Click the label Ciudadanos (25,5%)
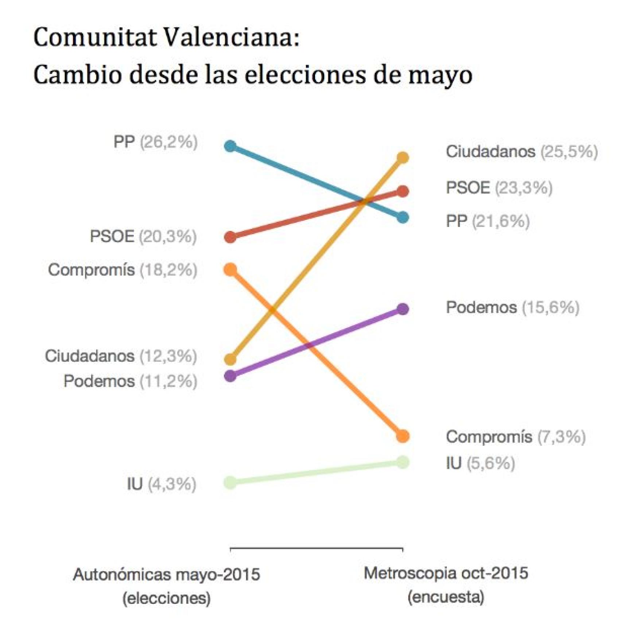521,151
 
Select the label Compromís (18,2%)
123,270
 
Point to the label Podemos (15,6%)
512,307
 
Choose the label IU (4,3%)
162,484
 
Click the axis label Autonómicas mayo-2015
167,575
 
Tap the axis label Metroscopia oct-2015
446,573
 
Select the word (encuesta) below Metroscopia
446,597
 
